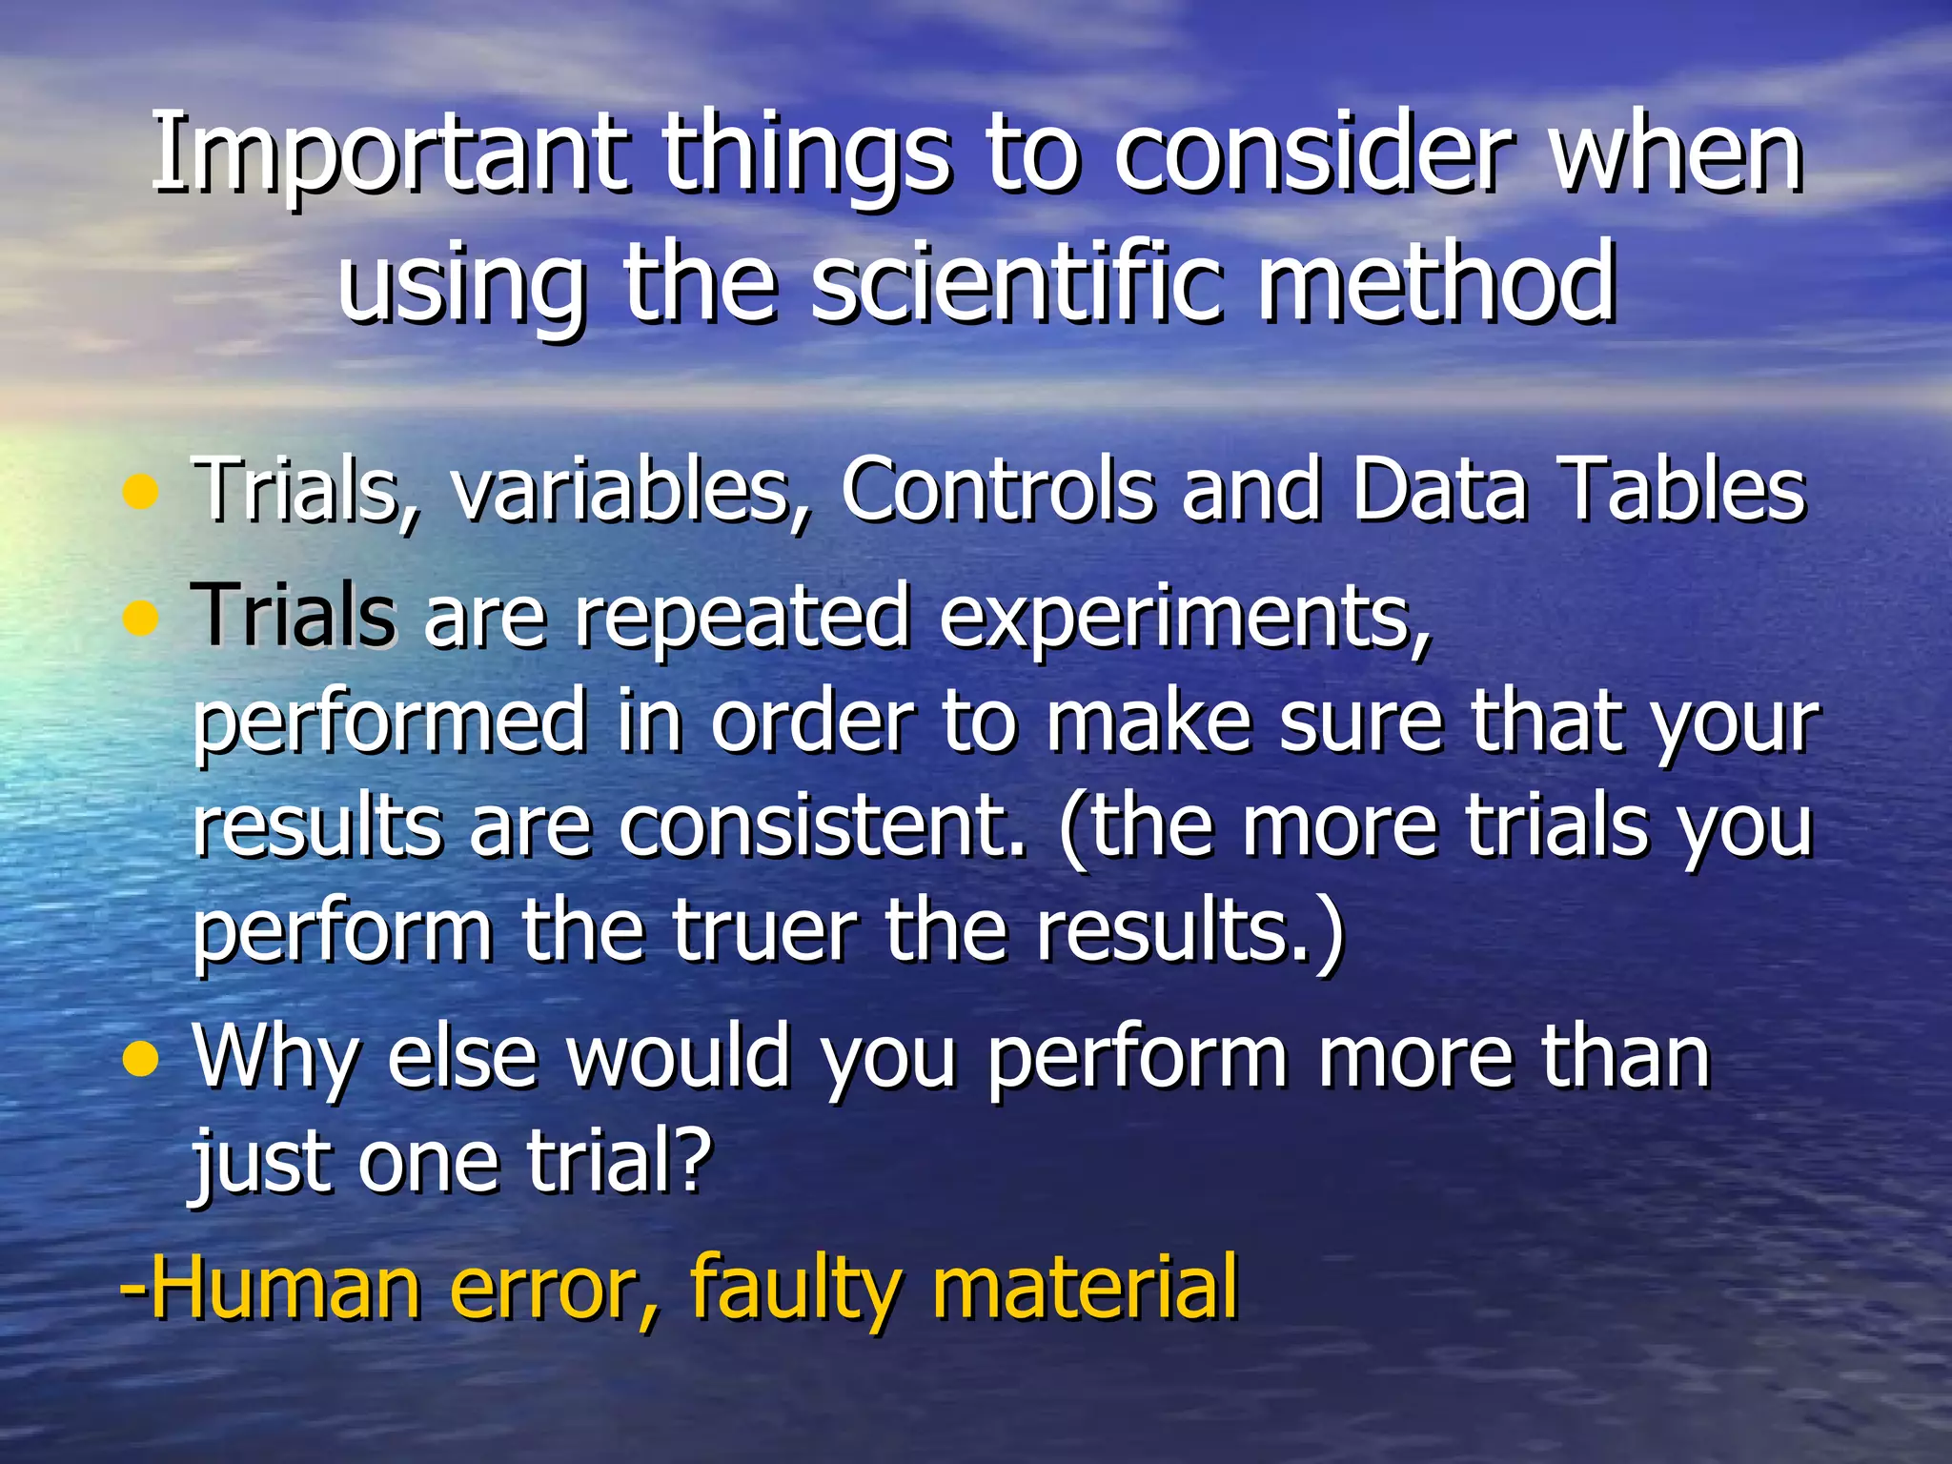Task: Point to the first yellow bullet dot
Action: [x=140, y=493]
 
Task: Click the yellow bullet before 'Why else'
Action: [x=140, y=1059]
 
